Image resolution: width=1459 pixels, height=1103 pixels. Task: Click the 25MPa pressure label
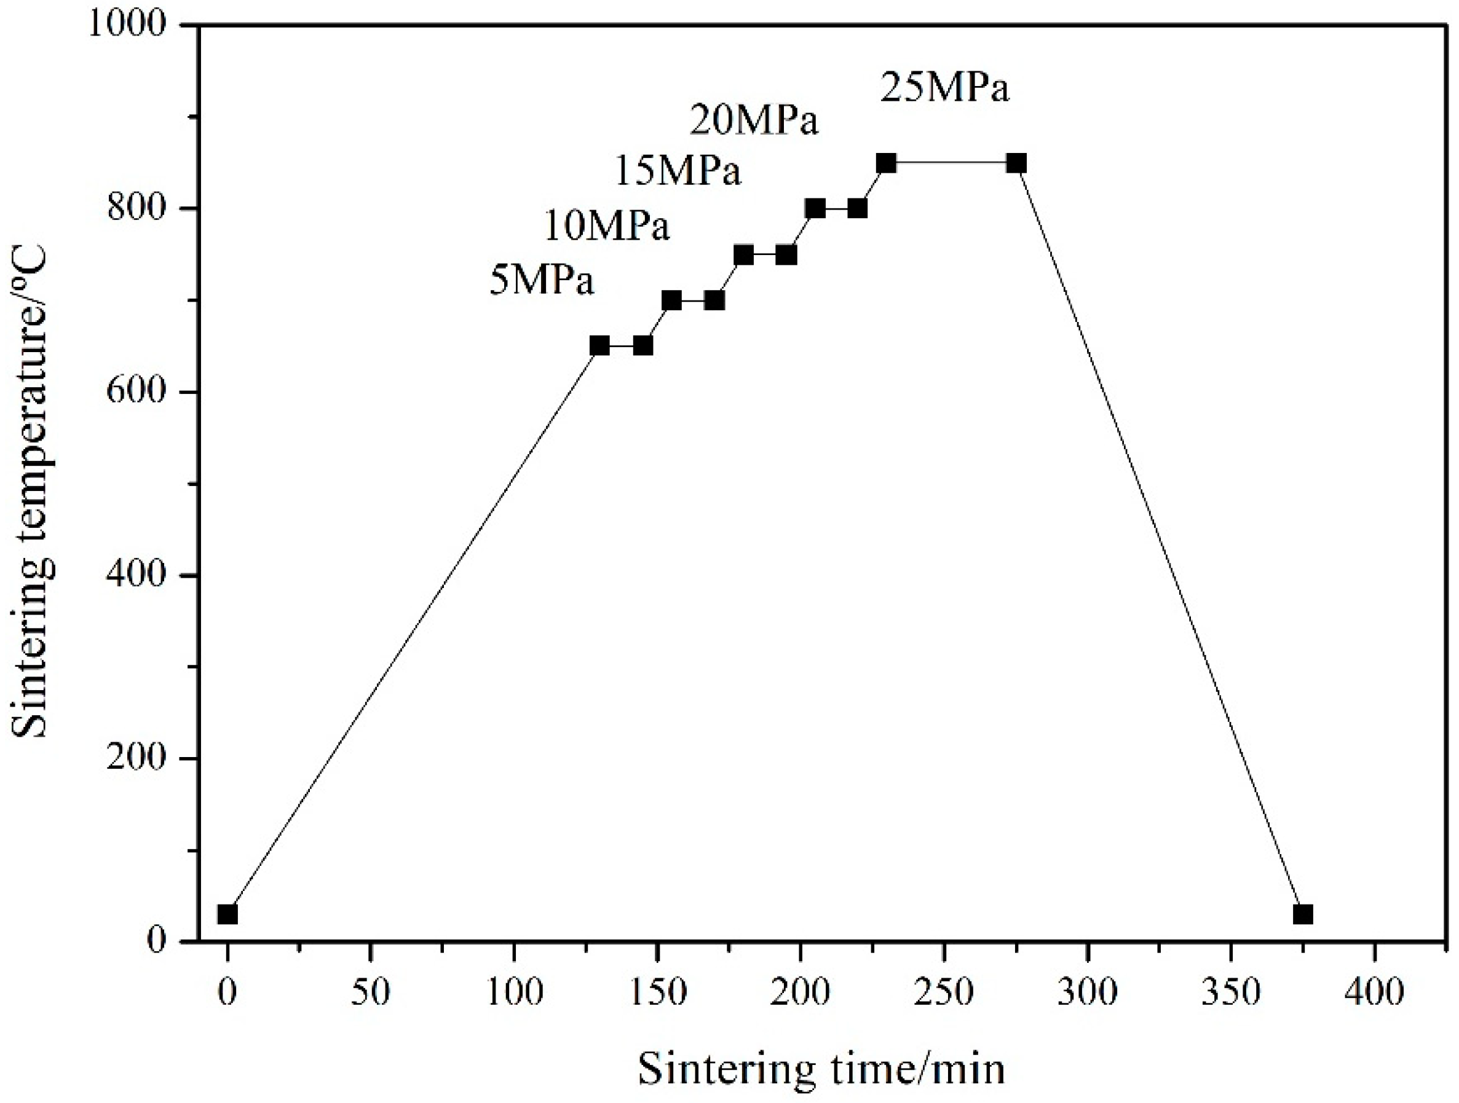click(x=944, y=88)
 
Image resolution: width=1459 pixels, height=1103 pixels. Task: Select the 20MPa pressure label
click(x=754, y=120)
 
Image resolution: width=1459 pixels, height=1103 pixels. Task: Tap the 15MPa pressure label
click(x=678, y=171)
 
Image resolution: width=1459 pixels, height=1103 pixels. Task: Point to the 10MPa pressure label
click(x=606, y=226)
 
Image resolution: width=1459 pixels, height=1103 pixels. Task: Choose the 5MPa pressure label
click(x=542, y=281)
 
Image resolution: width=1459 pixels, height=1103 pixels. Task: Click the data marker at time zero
click(x=227, y=914)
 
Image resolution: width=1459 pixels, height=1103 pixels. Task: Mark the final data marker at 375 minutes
click(x=1303, y=914)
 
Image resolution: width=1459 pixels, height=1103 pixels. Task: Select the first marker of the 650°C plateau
click(x=599, y=345)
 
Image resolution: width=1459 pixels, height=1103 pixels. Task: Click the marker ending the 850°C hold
click(x=1016, y=163)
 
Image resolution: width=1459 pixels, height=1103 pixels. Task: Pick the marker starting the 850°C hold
click(x=887, y=163)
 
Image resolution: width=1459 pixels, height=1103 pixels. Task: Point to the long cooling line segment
click(x=1160, y=539)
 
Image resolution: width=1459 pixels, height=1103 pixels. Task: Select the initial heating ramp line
click(x=413, y=630)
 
